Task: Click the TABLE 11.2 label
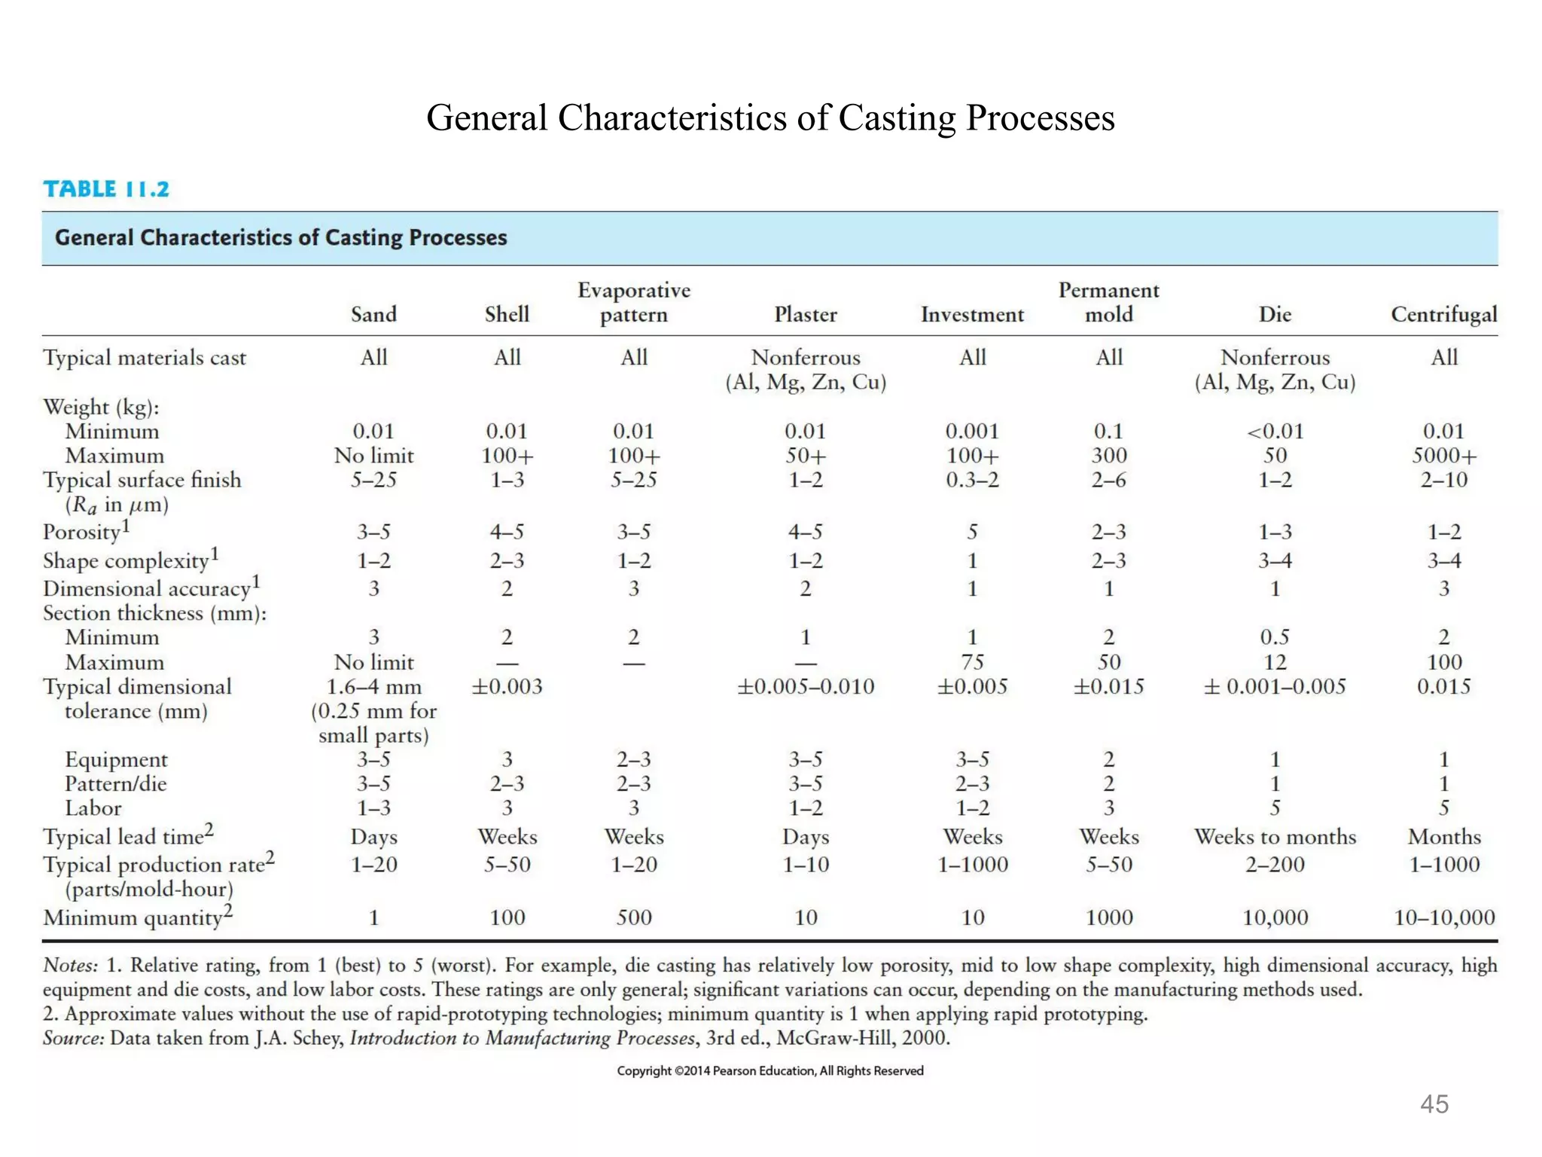coord(106,189)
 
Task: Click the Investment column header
coord(972,315)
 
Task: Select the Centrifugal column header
coord(1443,315)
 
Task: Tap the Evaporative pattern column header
coord(634,302)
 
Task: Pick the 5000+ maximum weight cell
coord(1443,456)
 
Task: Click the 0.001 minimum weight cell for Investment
coord(972,432)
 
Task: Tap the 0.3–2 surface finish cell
coord(972,480)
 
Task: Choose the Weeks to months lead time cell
coord(1275,837)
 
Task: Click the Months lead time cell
coord(1443,837)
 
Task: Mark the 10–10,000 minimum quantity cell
coord(1443,917)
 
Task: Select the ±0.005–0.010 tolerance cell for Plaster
coord(805,687)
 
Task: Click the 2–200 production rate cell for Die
coord(1275,865)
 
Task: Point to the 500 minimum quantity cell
coord(634,917)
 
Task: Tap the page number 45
coord(1434,1104)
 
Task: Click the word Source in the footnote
coord(72,1038)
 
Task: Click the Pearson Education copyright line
coord(769,1070)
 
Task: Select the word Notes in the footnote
coord(70,966)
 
